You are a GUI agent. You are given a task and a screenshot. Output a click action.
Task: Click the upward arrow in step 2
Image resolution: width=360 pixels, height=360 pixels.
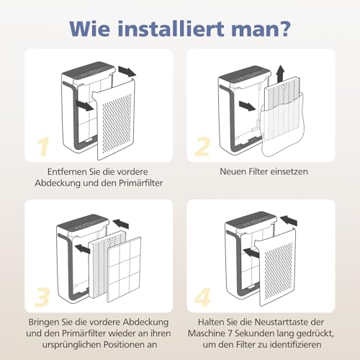(x=279, y=73)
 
